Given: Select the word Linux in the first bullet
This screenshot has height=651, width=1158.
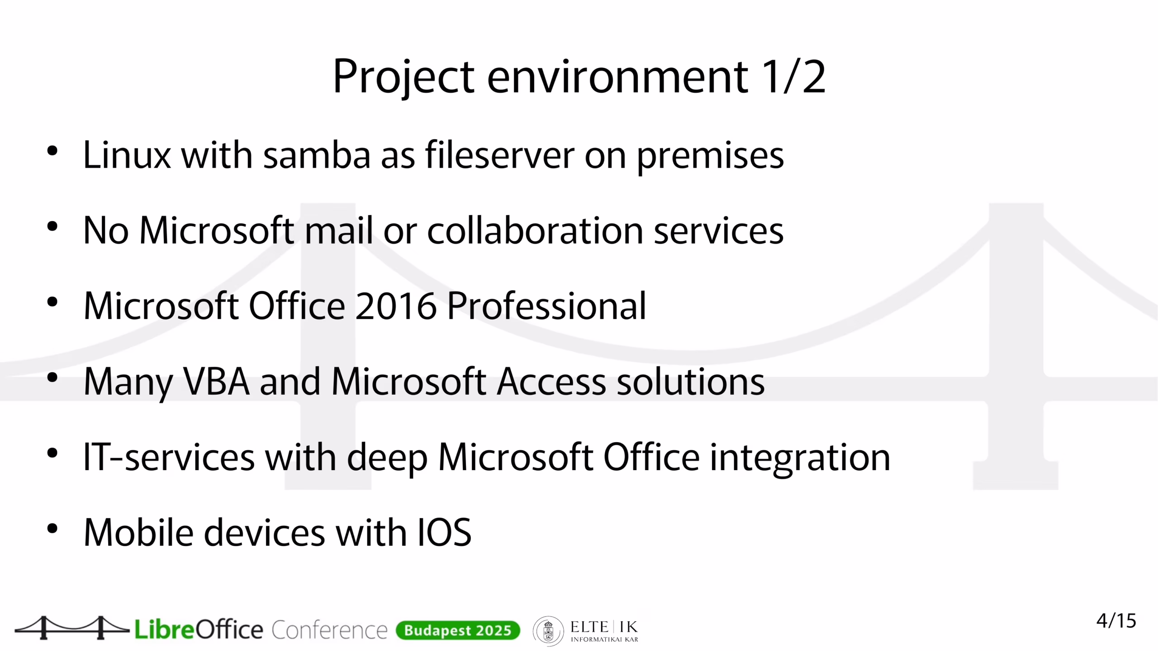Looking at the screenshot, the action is pyautogui.click(x=127, y=155).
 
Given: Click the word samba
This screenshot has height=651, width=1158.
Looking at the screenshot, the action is pyautogui.click(x=317, y=155).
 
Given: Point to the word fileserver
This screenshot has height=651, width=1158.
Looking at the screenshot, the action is pyautogui.click(x=499, y=155).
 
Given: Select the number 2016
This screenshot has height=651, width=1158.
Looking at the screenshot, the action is pyautogui.click(x=396, y=306).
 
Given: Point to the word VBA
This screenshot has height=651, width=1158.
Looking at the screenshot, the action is pyautogui.click(x=216, y=381).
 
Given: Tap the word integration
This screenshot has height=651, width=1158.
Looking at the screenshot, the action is pyautogui.click(x=800, y=459).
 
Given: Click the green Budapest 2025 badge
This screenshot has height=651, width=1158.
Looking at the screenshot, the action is pyautogui.click(x=458, y=630).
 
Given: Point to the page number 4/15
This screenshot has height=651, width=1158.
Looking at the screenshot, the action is pyautogui.click(x=1116, y=621).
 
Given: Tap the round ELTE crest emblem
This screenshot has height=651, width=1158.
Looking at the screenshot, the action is pyautogui.click(x=548, y=631).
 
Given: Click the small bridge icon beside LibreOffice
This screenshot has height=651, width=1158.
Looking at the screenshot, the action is pyautogui.click(x=72, y=627).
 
